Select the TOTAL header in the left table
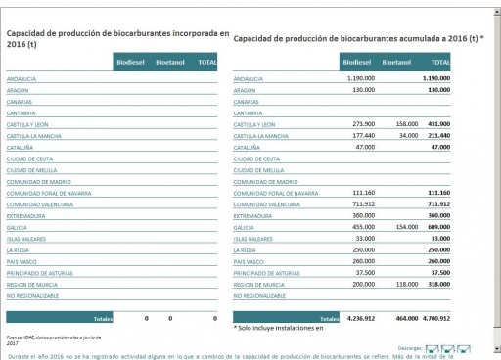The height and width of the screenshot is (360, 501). click(206, 62)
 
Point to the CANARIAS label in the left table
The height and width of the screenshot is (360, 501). click(21, 101)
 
